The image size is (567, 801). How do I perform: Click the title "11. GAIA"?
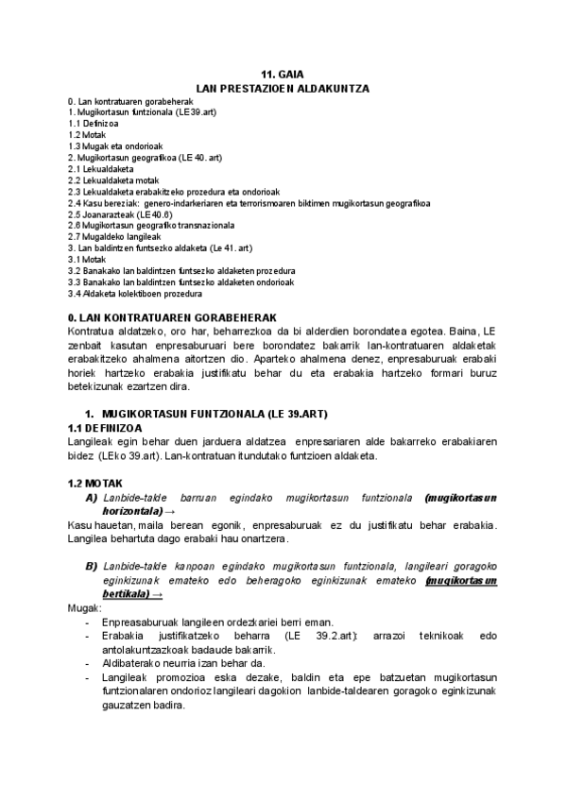[x=283, y=75]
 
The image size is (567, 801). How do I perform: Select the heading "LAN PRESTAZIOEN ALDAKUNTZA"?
[x=283, y=88]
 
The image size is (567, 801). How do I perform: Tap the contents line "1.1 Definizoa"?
[x=93, y=124]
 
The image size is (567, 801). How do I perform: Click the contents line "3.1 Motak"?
[x=87, y=260]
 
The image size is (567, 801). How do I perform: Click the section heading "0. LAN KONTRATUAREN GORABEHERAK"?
[x=173, y=316]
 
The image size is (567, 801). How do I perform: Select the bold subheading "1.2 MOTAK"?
[x=94, y=483]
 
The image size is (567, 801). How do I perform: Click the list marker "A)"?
[x=92, y=497]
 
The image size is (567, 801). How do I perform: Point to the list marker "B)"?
[x=92, y=565]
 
